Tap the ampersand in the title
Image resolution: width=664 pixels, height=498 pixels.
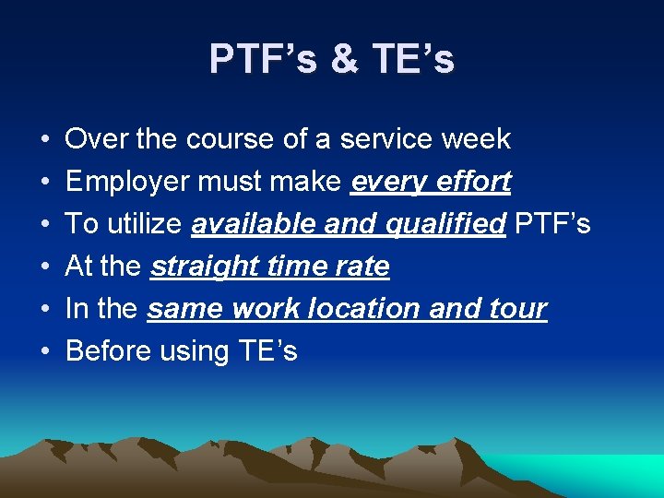coord(343,59)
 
